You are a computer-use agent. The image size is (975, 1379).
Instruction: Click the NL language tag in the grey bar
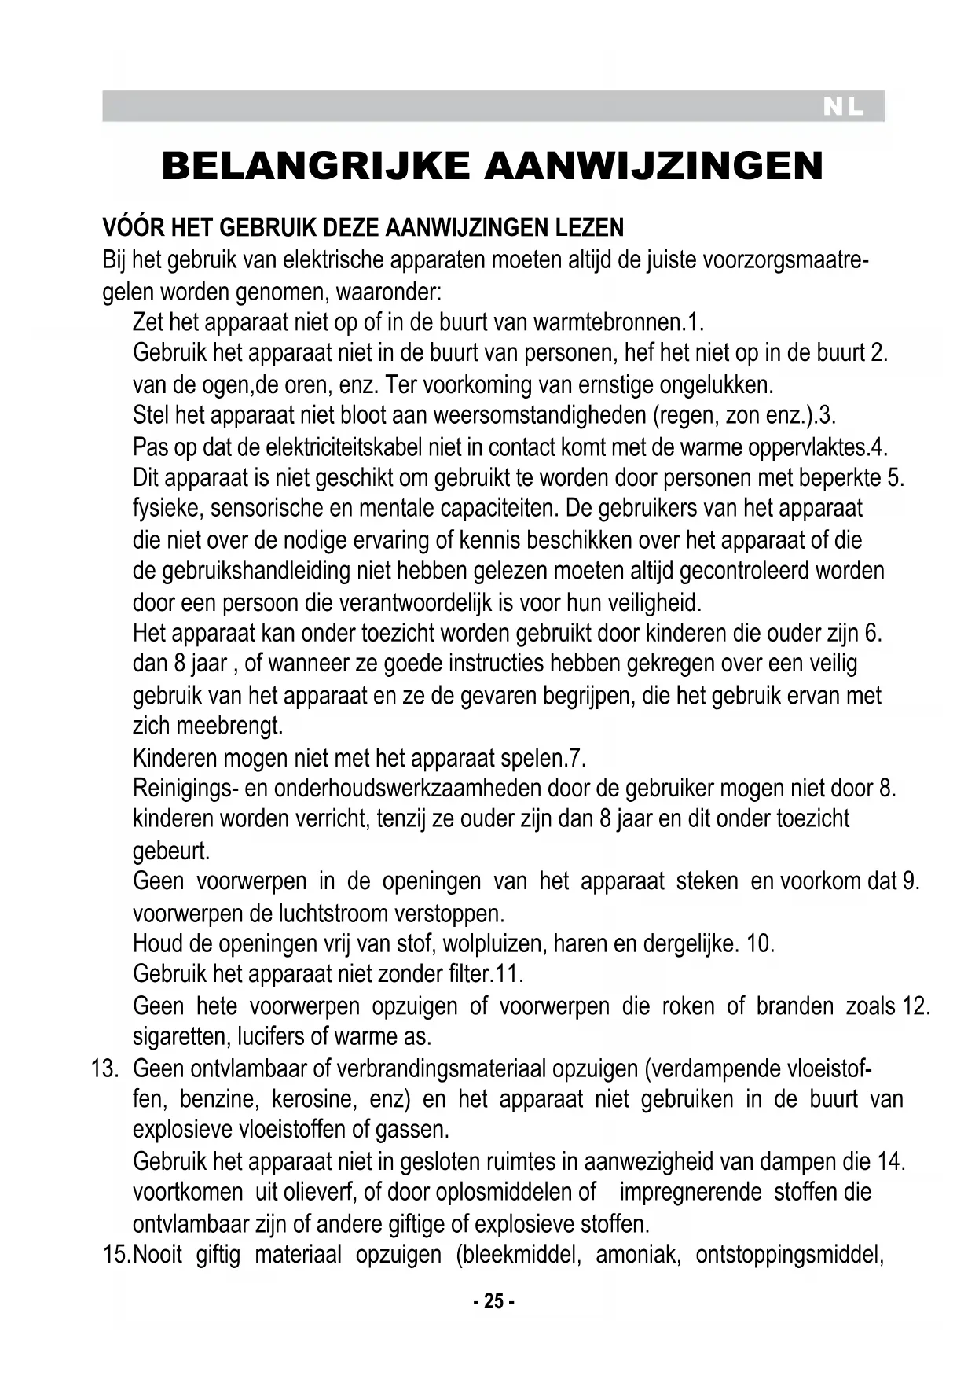tap(843, 107)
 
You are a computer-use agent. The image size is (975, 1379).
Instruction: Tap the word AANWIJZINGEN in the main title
tap(654, 166)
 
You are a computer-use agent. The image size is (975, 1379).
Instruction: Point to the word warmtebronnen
tap(607, 322)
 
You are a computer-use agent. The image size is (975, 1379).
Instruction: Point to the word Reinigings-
tap(185, 788)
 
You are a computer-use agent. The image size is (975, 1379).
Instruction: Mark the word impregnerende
tap(690, 1192)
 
